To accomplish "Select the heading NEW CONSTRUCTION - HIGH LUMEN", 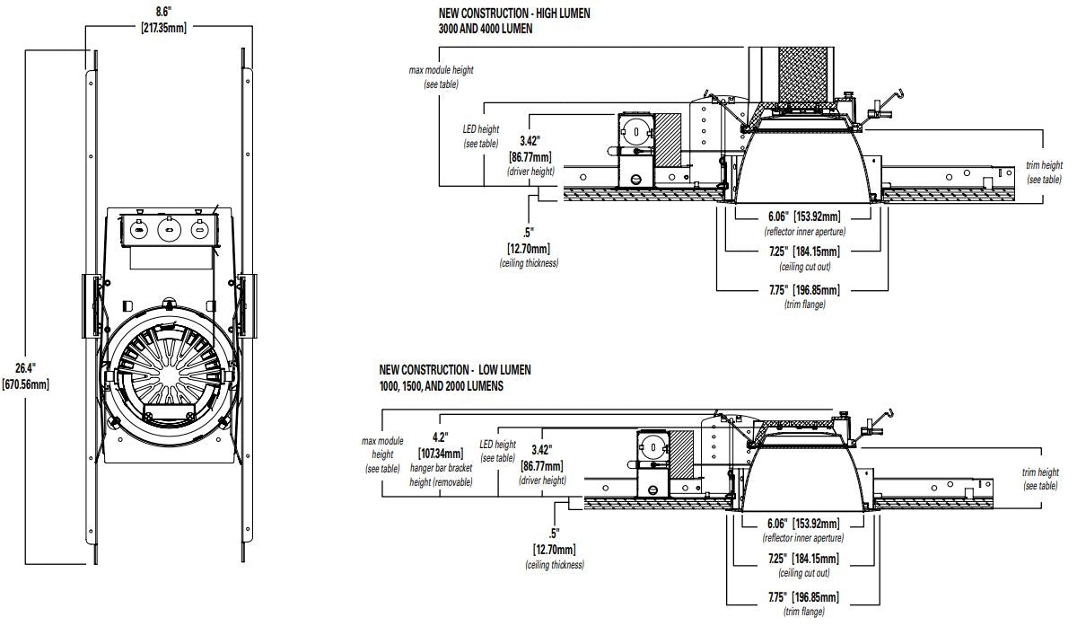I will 513,13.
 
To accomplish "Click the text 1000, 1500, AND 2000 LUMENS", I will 441,385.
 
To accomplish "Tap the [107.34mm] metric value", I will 441,453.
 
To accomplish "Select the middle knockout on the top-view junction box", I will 168,230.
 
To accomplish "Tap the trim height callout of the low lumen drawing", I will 1040,479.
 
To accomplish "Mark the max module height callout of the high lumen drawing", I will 441,76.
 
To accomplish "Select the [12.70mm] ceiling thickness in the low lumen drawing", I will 554,550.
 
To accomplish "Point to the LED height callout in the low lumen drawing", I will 497,451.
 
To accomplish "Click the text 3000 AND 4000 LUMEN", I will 486,29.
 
